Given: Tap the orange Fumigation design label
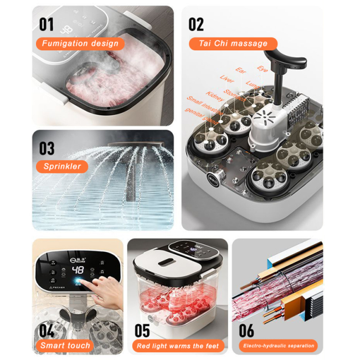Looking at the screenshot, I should click(80, 43).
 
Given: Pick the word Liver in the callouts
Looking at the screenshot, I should click(227, 79).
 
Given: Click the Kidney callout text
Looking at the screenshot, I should click(215, 95).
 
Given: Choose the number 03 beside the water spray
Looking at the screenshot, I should click(47, 148).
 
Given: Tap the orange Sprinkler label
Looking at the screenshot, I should click(62, 166).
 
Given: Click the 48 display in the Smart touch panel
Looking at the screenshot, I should click(78, 270).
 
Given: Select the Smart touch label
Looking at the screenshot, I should click(65, 346).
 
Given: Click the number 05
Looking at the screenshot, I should click(142, 331).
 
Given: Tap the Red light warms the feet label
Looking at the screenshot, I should click(178, 346).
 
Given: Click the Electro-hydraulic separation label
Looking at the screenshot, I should click(279, 346).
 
